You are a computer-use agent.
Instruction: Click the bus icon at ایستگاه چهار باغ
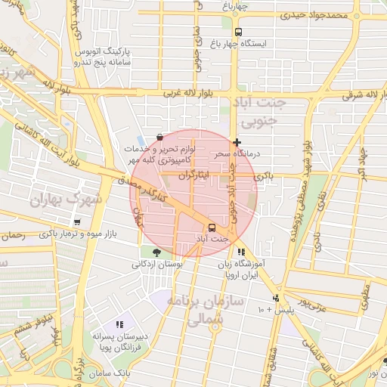pyautogui.click(x=238, y=32)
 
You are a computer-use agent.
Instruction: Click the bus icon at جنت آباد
pyautogui.click(x=211, y=228)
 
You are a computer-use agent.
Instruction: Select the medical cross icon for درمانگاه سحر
pyautogui.click(x=237, y=142)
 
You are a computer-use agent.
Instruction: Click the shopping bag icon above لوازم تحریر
pyautogui.click(x=159, y=138)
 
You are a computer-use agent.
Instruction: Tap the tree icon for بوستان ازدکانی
pyautogui.click(x=156, y=252)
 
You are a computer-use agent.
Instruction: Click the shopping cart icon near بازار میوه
pyautogui.click(x=77, y=222)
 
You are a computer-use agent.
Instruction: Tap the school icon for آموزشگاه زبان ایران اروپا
pyautogui.click(x=240, y=252)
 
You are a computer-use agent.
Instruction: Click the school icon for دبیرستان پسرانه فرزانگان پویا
pyautogui.click(x=119, y=324)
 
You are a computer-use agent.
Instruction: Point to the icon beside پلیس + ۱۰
pyautogui.click(x=277, y=299)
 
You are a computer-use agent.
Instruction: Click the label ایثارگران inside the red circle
pyautogui.click(x=195, y=175)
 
